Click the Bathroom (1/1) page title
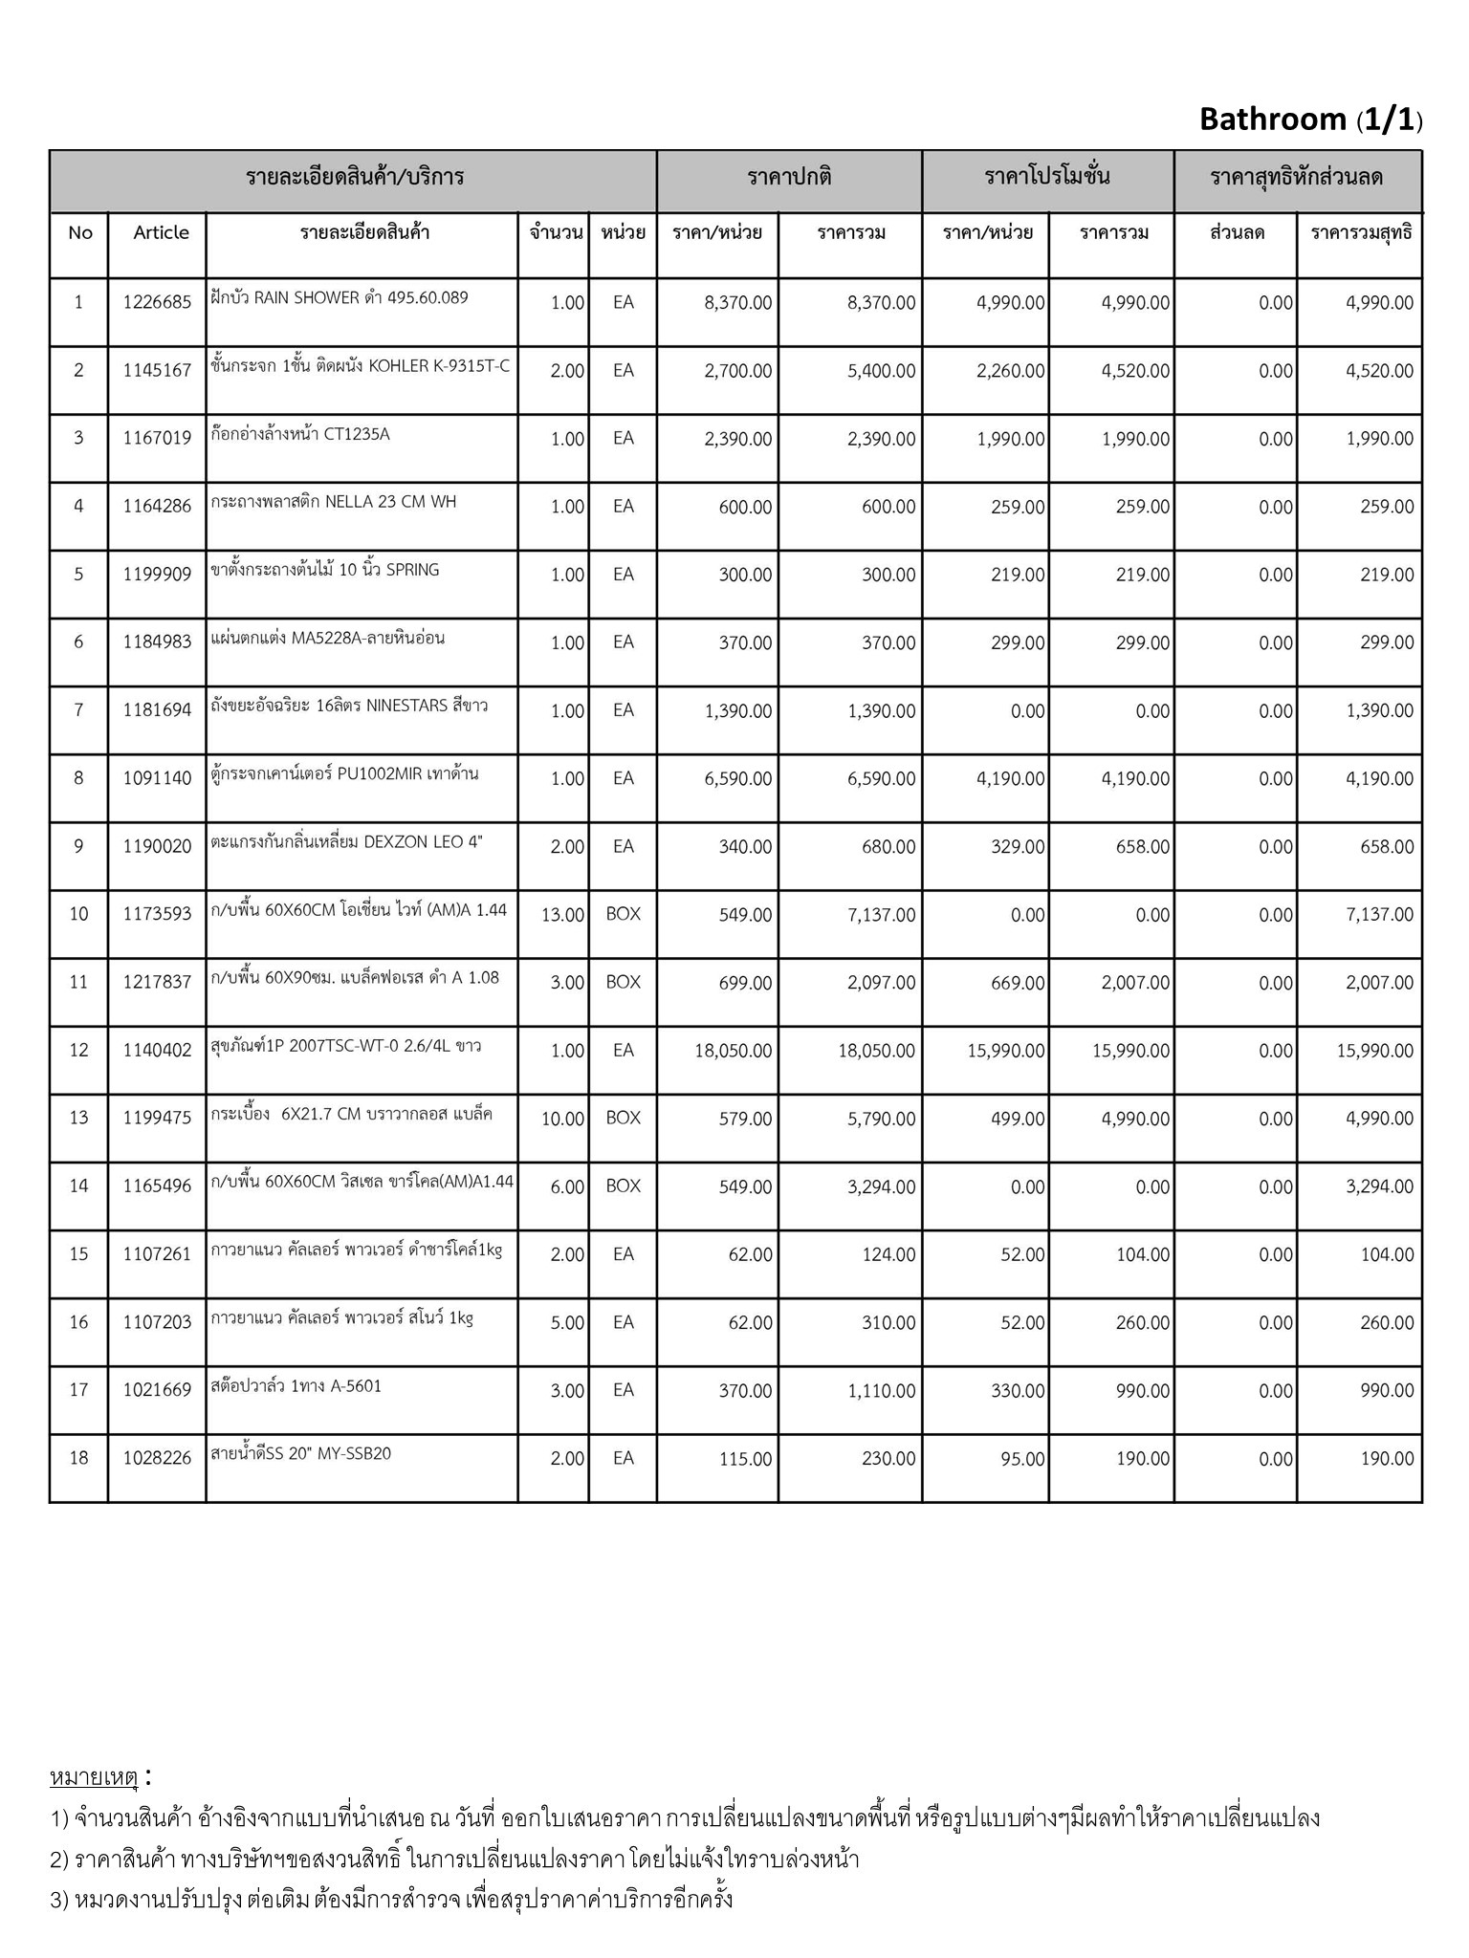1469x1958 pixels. pyautogui.click(x=1310, y=120)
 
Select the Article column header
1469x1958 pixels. pyautogui.click(x=161, y=232)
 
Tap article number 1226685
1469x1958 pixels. pyautogui.click(x=157, y=303)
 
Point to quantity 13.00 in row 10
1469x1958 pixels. pyautogui.click(x=562, y=915)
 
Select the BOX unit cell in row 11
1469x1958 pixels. pyautogui.click(x=623, y=982)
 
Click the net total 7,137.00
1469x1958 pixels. pyautogui.click(x=1379, y=915)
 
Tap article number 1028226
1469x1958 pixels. pyautogui.click(x=157, y=1458)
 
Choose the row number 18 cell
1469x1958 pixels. pyautogui.click(x=78, y=1458)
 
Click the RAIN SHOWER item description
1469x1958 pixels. pyautogui.click(x=340, y=297)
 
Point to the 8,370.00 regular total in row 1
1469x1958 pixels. pyautogui.click(x=881, y=303)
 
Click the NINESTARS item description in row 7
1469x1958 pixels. pyautogui.click(x=349, y=706)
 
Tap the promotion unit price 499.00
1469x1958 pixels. pyautogui.click(x=1018, y=1119)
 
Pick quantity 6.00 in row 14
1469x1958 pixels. pyautogui.click(x=566, y=1186)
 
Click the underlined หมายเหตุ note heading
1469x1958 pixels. pyautogui.click(x=94, y=1777)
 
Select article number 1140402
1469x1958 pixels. pyautogui.click(x=157, y=1051)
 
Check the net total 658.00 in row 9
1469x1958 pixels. pyautogui.click(x=1387, y=847)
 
